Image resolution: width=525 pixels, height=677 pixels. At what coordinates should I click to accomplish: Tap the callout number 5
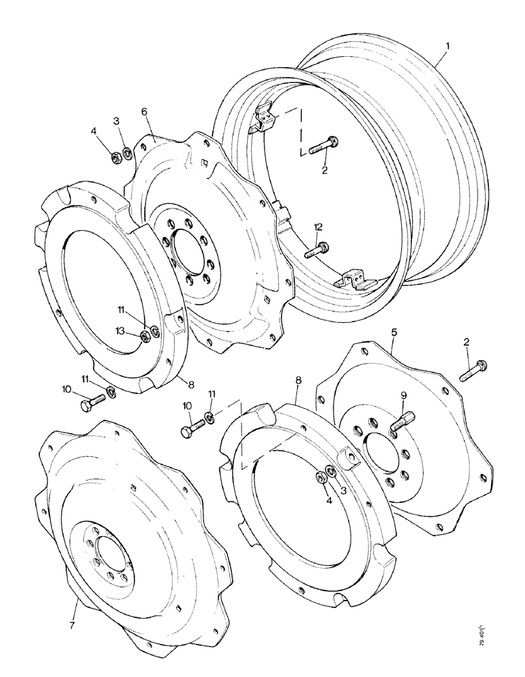pyautogui.click(x=394, y=332)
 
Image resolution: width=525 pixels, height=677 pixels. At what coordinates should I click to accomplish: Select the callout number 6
pyautogui.click(x=144, y=110)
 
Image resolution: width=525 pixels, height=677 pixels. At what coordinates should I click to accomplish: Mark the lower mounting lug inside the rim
pyautogui.click(x=354, y=279)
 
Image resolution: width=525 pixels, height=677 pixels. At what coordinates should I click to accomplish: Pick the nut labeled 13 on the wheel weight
pyautogui.click(x=143, y=335)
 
